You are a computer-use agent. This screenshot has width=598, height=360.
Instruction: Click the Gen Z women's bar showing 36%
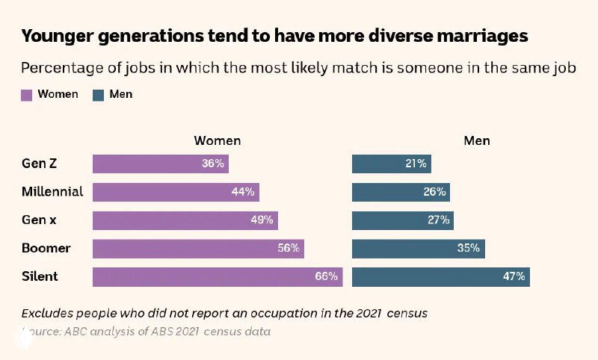click(x=160, y=164)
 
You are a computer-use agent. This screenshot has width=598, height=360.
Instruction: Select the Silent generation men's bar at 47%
click(x=440, y=276)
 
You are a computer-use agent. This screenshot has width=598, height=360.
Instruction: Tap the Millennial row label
click(x=52, y=192)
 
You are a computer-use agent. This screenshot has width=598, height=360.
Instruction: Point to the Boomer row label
click(x=46, y=248)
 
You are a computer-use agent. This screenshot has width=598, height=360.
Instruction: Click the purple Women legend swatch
click(x=26, y=95)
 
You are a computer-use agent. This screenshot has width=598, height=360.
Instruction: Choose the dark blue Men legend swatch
click(x=99, y=95)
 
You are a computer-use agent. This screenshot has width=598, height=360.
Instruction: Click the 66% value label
click(x=326, y=276)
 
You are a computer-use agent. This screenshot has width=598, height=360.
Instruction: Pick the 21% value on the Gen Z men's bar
click(x=416, y=164)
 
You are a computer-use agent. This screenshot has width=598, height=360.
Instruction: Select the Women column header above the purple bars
click(x=217, y=140)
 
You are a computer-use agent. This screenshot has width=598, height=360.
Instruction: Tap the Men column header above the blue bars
click(x=477, y=140)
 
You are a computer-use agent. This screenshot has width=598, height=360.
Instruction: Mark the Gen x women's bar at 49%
click(x=185, y=220)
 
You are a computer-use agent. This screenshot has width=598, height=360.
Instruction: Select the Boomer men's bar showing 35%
click(x=418, y=248)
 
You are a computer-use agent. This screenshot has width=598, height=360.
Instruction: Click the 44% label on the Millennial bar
click(x=243, y=192)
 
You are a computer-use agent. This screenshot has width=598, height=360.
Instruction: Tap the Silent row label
click(x=40, y=276)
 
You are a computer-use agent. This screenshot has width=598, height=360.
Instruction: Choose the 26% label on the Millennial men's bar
click(x=434, y=192)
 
